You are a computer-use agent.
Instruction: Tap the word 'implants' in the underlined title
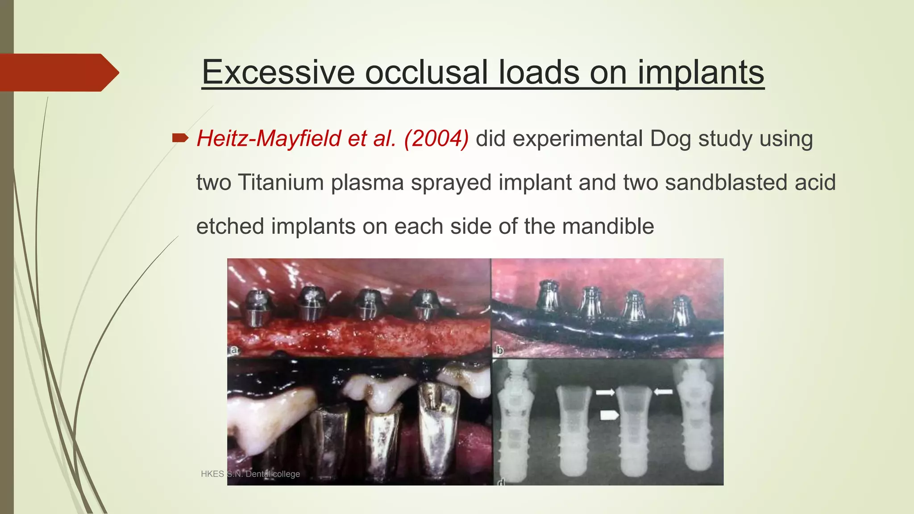(700, 72)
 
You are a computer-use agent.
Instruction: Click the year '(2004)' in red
(436, 138)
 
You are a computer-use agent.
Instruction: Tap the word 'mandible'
(608, 226)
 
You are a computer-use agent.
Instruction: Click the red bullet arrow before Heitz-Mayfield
(180, 138)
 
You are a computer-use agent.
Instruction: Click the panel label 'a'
(234, 351)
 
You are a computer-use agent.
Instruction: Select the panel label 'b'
(499, 351)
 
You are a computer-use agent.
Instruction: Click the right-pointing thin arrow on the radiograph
(605, 392)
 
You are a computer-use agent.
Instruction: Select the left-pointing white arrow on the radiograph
(663, 391)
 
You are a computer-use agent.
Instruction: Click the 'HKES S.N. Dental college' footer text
(250, 474)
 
